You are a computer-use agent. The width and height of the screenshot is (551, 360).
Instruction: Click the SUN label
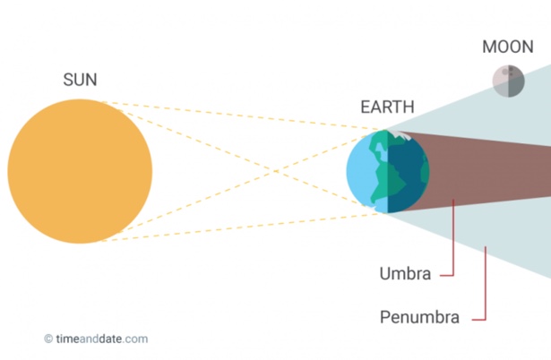80,80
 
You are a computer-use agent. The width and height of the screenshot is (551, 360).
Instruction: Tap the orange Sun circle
80,171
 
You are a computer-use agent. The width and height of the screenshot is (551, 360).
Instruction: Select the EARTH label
387,107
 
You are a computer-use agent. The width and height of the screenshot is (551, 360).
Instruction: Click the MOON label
508,47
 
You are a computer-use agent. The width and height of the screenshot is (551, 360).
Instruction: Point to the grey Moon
509,81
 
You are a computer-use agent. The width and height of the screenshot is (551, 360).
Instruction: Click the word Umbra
405,274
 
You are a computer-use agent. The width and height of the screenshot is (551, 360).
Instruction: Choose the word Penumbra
419,317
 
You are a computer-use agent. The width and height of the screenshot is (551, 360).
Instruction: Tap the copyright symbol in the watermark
48,339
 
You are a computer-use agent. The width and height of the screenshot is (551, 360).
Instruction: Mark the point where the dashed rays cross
276,171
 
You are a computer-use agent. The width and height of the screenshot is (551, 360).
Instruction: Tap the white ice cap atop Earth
400,135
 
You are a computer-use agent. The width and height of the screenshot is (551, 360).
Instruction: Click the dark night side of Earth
409,172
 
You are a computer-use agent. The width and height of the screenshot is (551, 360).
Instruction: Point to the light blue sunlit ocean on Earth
357,172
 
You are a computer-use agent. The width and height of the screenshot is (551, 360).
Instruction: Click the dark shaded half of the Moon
516,81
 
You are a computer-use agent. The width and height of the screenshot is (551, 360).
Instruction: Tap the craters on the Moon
507,72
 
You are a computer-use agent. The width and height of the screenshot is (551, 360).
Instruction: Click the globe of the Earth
388,171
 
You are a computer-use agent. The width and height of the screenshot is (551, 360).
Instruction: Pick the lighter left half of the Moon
501,81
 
